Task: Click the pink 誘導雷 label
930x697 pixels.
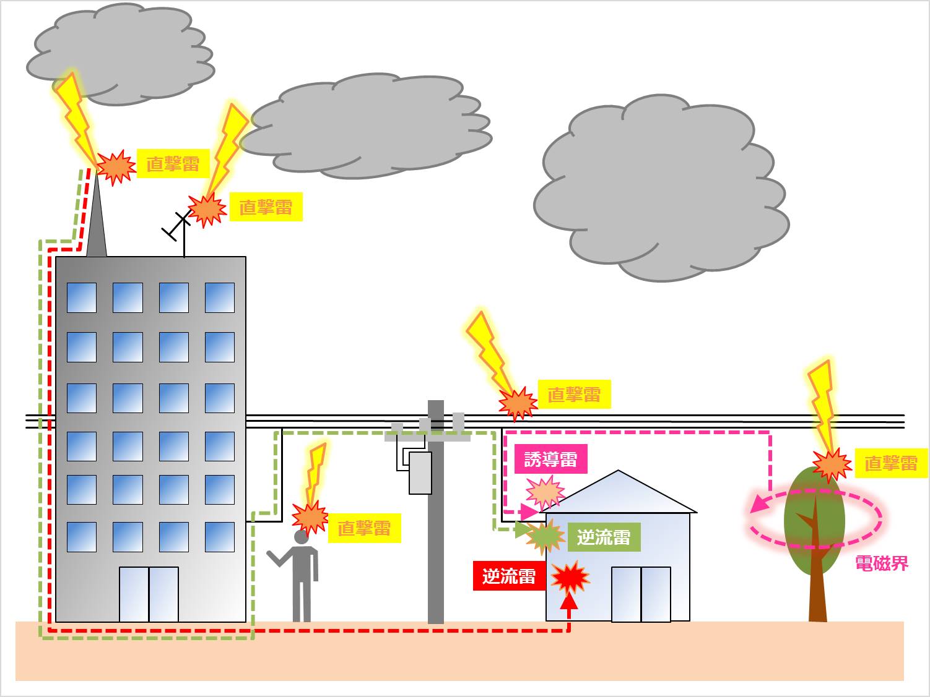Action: (x=550, y=460)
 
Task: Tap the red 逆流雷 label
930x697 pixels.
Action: (x=509, y=576)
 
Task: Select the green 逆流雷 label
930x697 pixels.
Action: (x=603, y=537)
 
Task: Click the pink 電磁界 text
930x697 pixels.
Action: (x=881, y=563)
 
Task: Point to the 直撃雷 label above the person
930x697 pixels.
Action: (x=364, y=528)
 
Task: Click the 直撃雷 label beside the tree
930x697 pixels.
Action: (x=890, y=463)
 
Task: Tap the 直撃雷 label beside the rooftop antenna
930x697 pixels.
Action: (x=266, y=207)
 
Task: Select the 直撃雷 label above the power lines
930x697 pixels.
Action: (x=574, y=394)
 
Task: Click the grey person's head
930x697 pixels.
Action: (x=302, y=537)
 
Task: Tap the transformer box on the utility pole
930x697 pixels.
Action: (x=420, y=473)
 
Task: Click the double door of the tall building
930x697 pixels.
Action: (x=149, y=594)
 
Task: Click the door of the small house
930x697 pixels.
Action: (x=641, y=594)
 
